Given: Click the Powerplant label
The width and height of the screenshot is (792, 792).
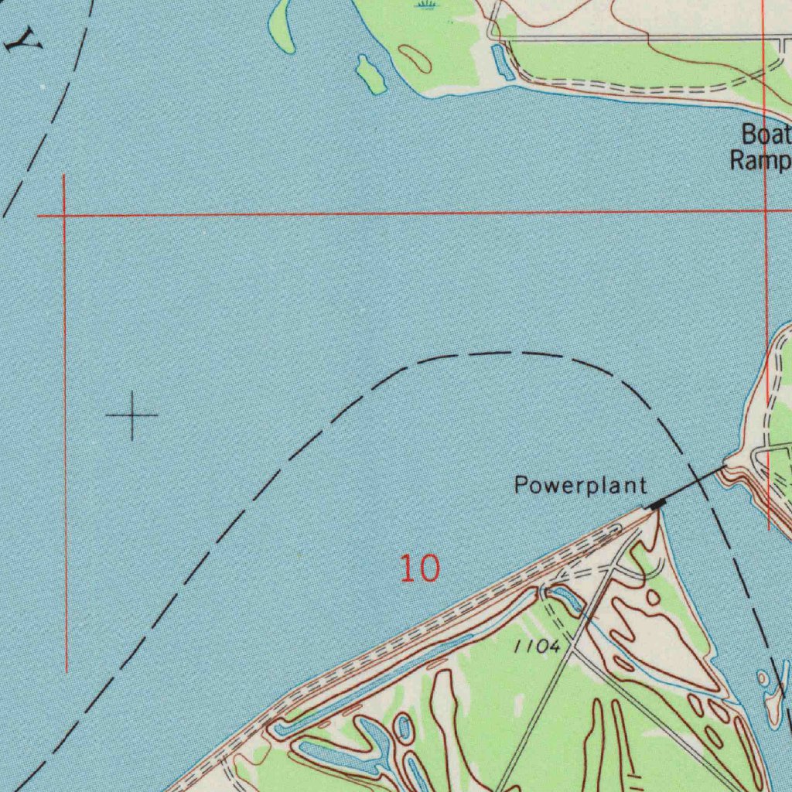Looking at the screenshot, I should pyautogui.click(x=580, y=486).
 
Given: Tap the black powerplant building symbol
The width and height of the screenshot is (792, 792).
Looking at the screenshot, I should pyautogui.click(x=657, y=504).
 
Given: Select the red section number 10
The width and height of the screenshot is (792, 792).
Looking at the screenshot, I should pyautogui.click(x=419, y=568).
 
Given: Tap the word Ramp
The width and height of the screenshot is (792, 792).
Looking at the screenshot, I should pyautogui.click(x=761, y=161).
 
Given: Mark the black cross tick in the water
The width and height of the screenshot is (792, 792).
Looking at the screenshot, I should pyautogui.click(x=132, y=415).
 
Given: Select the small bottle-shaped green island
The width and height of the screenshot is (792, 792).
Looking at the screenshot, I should pyautogui.click(x=370, y=73).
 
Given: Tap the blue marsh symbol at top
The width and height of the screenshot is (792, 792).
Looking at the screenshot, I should pyautogui.click(x=425, y=5).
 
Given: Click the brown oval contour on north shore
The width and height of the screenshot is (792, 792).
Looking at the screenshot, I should pyautogui.click(x=415, y=58).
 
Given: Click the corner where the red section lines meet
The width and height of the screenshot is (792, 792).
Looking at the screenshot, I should pyautogui.click(x=63, y=215).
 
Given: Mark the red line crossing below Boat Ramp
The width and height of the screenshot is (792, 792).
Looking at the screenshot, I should pyautogui.click(x=764, y=210).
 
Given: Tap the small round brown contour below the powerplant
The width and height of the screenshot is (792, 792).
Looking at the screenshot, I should pyautogui.click(x=654, y=597).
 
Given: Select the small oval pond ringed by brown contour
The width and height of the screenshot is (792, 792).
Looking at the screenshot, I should pyautogui.click(x=402, y=727).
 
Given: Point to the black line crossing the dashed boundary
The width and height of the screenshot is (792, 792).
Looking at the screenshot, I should pyautogui.click(x=694, y=483).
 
